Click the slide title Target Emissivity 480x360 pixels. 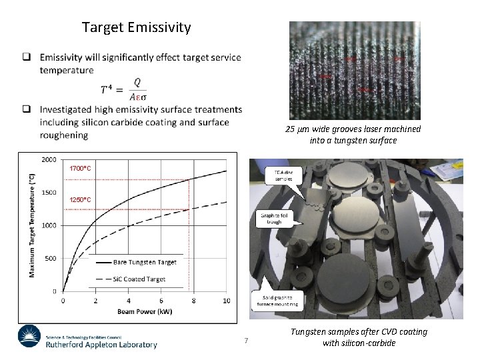point(136,27)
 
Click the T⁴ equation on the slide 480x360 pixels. point(123,88)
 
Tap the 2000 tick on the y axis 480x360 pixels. point(49,160)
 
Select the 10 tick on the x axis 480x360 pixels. point(226,301)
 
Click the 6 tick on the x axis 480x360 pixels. point(161,301)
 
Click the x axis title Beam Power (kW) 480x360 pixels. point(144,311)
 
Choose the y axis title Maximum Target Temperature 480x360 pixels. point(31,225)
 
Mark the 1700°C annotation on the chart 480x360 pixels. point(81,169)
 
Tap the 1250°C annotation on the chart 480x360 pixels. point(81,199)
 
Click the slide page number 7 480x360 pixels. point(246,341)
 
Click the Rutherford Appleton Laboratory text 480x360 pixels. point(101,345)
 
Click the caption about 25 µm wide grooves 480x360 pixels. point(353,135)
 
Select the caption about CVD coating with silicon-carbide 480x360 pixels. point(359,337)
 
